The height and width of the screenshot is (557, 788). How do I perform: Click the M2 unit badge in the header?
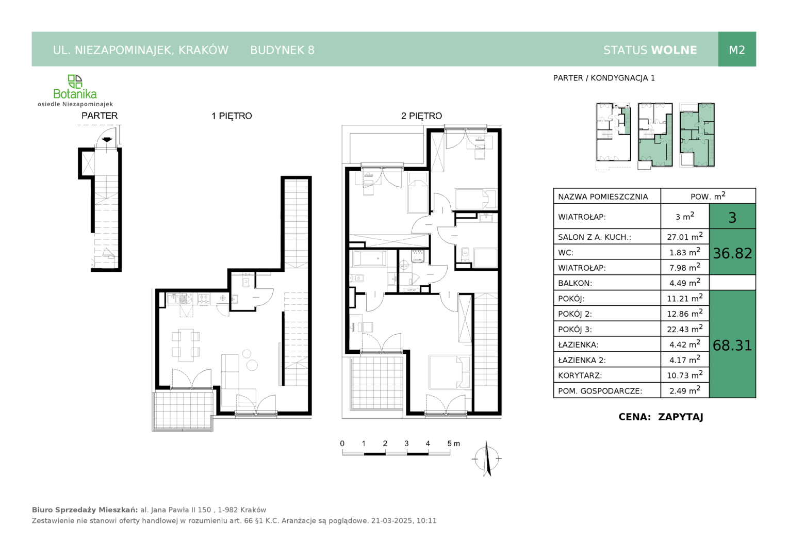click(x=736, y=50)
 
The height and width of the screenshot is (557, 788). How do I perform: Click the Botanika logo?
click(x=75, y=90)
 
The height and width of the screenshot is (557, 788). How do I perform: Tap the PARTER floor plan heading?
click(x=100, y=116)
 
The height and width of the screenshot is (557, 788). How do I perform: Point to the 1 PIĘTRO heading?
click(x=232, y=116)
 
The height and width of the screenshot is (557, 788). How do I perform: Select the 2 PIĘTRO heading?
click(x=421, y=116)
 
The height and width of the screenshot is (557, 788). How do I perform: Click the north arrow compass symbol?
click(x=487, y=458)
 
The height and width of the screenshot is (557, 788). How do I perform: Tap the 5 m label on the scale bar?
click(x=453, y=444)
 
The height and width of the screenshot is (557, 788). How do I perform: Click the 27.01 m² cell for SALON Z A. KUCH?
click(x=684, y=236)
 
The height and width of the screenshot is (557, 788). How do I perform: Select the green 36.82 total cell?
click(x=732, y=252)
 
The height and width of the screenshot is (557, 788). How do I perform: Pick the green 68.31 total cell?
click(x=732, y=345)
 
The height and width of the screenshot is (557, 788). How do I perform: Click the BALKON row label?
click(x=575, y=283)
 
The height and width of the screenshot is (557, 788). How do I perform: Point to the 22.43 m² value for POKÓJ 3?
click(x=684, y=329)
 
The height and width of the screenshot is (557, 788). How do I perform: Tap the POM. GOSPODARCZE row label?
click(x=600, y=390)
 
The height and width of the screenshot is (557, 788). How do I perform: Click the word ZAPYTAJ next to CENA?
click(x=680, y=417)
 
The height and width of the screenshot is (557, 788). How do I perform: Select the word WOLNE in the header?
click(x=674, y=50)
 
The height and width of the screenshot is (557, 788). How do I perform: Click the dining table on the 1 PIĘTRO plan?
click(x=186, y=345)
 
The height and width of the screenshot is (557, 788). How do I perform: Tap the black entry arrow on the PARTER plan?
click(x=107, y=140)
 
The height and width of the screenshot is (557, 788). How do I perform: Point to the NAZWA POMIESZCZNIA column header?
click(x=603, y=196)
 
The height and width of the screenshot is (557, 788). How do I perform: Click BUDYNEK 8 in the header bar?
click(x=282, y=50)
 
